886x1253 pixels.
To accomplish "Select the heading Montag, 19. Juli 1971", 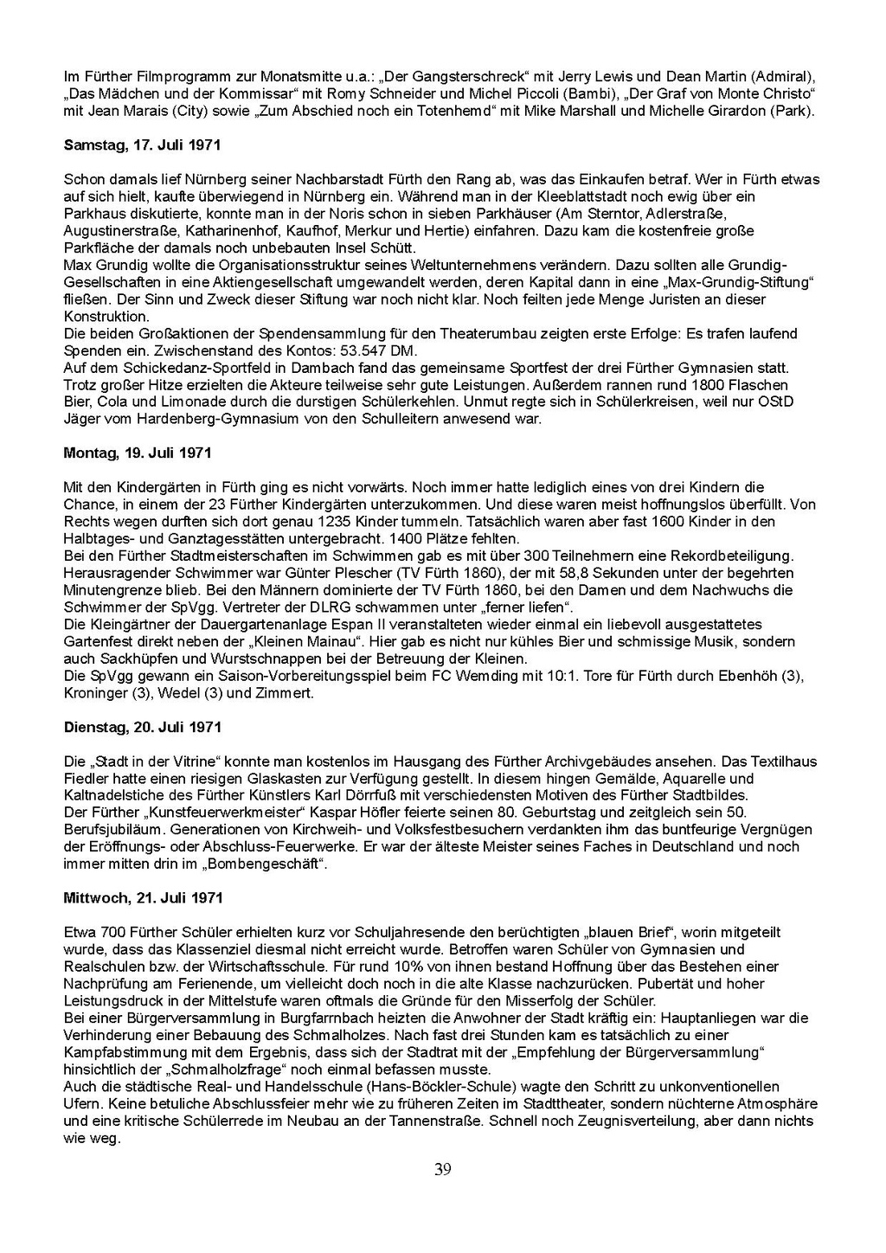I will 138,453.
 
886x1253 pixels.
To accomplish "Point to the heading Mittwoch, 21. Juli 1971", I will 143,897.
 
